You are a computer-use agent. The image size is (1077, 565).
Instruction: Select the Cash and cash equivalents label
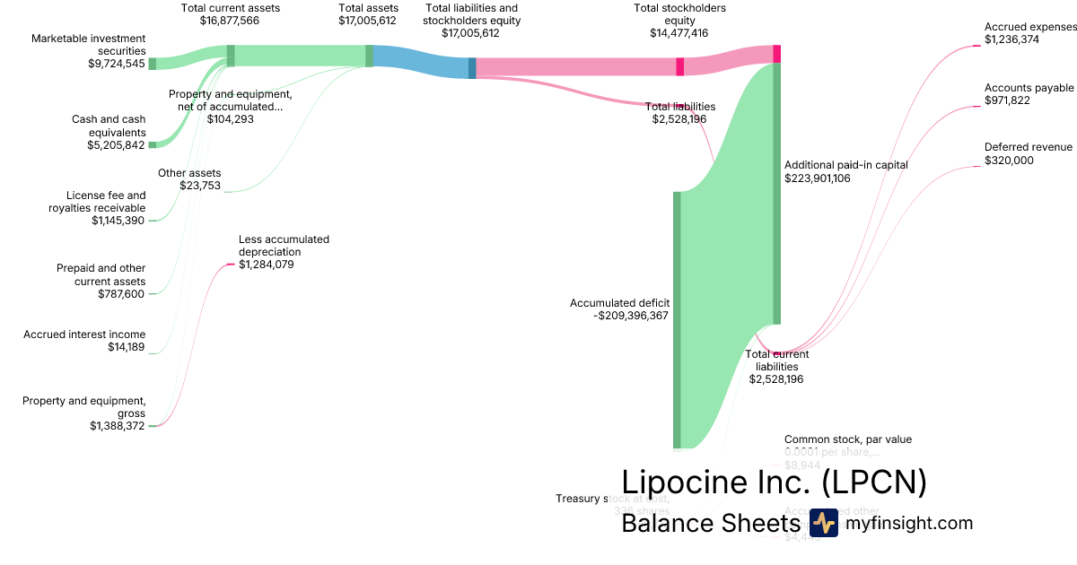pos(109,126)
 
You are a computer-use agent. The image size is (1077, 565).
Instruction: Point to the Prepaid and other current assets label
pos(101,274)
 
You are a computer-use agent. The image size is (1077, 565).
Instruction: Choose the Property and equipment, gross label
pos(84,407)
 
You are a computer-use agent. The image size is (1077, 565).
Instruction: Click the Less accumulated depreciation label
pos(284,246)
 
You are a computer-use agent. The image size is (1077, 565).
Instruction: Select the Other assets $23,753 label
pos(189,179)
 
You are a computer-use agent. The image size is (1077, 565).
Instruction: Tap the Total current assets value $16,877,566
pos(230,20)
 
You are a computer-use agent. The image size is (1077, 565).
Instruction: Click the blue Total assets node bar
pos(369,56)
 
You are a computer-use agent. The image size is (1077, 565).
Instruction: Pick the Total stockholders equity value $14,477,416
pos(679,32)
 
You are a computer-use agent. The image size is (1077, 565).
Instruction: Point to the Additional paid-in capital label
pos(845,165)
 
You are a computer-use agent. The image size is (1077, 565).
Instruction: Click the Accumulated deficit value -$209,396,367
pos(632,316)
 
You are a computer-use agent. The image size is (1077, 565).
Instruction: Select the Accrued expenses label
pos(1029,27)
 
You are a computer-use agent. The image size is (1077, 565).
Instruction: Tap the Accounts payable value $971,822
pos(1007,100)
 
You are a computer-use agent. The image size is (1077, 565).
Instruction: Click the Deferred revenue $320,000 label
pos(1028,153)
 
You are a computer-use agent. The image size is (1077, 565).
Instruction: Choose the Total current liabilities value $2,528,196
pos(776,379)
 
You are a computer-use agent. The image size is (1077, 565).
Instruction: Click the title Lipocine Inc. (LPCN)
pos(774,482)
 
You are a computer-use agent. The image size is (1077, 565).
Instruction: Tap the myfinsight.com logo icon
pos(823,523)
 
